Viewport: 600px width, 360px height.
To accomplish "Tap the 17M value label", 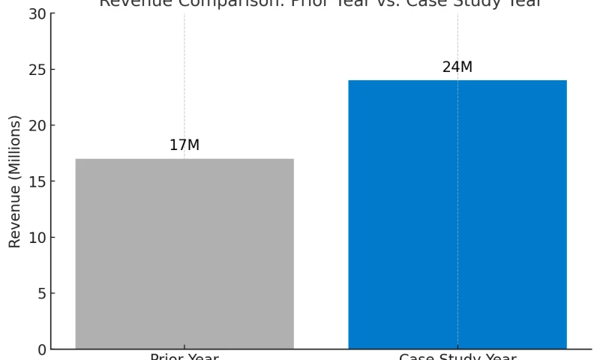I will tap(184, 145).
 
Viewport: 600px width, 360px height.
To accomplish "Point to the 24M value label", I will tap(457, 67).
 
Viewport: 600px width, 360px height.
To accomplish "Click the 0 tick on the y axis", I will tap(40, 349).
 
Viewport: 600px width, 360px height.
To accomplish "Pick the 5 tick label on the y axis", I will tap(40, 293).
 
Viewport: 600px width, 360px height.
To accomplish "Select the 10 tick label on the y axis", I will tap(37, 238).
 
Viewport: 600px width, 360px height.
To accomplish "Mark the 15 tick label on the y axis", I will tap(37, 181).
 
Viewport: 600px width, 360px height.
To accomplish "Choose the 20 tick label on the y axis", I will tap(37, 125).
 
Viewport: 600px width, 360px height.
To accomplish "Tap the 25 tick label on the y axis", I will tap(37, 70).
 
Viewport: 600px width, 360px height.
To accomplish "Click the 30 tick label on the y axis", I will tap(37, 14).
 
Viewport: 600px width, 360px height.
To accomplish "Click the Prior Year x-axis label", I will tap(184, 356).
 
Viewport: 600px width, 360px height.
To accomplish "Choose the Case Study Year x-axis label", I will tap(457, 356).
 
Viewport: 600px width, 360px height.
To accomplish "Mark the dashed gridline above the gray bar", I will tap(184, 75).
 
